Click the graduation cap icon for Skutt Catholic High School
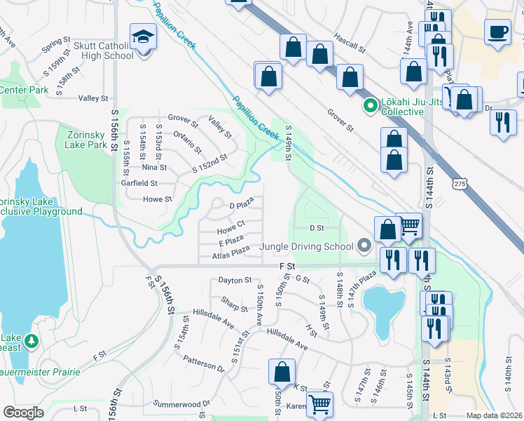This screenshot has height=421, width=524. (143, 35)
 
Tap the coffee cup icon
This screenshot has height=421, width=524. (497, 32)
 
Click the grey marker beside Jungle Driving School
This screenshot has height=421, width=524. (363, 246)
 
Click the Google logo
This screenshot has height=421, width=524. (23, 413)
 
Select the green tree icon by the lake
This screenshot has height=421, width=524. (31, 341)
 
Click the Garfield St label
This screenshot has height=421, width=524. (138, 183)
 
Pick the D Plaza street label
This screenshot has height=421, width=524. (241, 206)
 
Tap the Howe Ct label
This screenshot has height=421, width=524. (230, 230)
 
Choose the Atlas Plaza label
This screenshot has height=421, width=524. (231, 253)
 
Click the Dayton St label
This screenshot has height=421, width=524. (234, 280)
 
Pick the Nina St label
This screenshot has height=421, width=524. (154, 168)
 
